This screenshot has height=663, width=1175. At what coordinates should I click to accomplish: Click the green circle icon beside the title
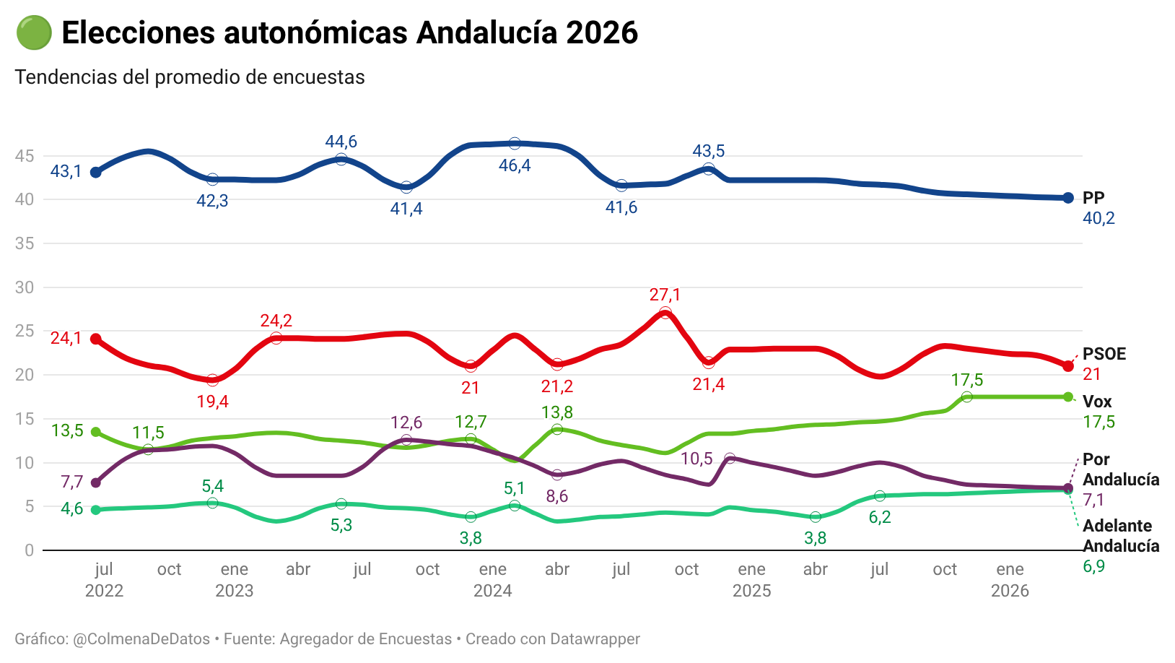pyautogui.click(x=33, y=33)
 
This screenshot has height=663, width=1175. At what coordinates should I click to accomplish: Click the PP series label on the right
pyautogui.click(x=1093, y=198)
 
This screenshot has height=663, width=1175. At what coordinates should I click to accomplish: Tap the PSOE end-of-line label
pyautogui.click(x=1104, y=354)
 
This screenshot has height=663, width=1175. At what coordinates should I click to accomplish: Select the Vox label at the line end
pyautogui.click(x=1097, y=402)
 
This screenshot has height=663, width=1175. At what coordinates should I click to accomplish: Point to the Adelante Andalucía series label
pyautogui.click(x=1121, y=536)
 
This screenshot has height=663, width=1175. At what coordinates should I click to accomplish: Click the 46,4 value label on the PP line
pyautogui.click(x=515, y=165)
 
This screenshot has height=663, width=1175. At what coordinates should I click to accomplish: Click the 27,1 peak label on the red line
pyautogui.click(x=665, y=295)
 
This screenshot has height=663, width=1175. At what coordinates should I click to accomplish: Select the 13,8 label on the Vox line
pyautogui.click(x=557, y=412)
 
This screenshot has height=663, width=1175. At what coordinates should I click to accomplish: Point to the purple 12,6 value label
pyautogui.click(x=406, y=422)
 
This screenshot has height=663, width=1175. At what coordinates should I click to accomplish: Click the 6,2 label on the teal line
pyautogui.click(x=880, y=517)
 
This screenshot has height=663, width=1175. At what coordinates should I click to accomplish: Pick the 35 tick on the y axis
pyautogui.click(x=25, y=243)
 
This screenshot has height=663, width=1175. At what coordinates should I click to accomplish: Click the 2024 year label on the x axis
pyautogui.click(x=492, y=591)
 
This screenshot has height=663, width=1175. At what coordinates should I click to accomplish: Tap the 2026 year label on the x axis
pyautogui.click(x=1010, y=591)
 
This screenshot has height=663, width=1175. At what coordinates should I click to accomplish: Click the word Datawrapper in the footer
pyautogui.click(x=595, y=639)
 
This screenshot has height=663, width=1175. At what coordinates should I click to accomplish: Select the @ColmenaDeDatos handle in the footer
pyautogui.click(x=141, y=639)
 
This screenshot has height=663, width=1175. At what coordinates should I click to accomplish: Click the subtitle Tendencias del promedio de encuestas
pyautogui.click(x=190, y=77)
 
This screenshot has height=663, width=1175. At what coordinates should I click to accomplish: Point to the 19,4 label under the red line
pyautogui.click(x=212, y=402)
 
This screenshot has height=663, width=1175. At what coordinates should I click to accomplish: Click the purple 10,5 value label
pyautogui.click(x=696, y=459)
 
